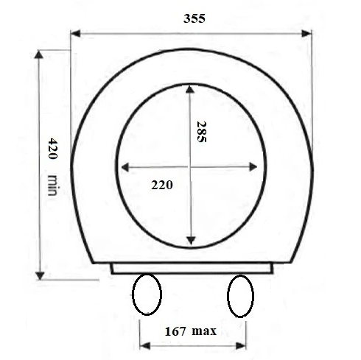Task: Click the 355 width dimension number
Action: coord(194,18)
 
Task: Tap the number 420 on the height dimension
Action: coord(52,148)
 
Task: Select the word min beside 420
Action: coord(52,185)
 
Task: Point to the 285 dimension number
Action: coord(202,132)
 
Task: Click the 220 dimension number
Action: coord(162,185)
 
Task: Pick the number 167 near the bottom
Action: coord(175,331)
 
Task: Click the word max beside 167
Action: coord(204,331)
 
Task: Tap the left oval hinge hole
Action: coord(147,294)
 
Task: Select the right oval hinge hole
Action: coord(240,296)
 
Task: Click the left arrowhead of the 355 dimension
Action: coord(75,33)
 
